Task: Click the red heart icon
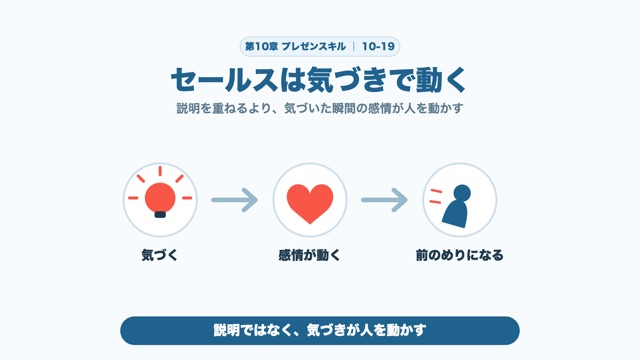click(x=310, y=203)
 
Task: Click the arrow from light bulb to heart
click(x=235, y=200)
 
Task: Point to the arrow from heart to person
click(x=384, y=200)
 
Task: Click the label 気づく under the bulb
click(x=160, y=256)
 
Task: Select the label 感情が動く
click(x=309, y=256)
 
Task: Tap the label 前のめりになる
click(x=460, y=256)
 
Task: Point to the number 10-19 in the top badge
click(x=378, y=47)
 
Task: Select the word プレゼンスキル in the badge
click(x=314, y=47)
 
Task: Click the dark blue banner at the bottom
click(x=320, y=331)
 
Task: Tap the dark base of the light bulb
click(x=160, y=214)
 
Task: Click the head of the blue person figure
click(x=462, y=193)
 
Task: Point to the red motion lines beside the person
click(x=436, y=196)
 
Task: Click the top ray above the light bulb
click(x=160, y=171)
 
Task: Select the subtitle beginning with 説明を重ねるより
click(x=320, y=109)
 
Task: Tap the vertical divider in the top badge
click(x=354, y=47)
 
